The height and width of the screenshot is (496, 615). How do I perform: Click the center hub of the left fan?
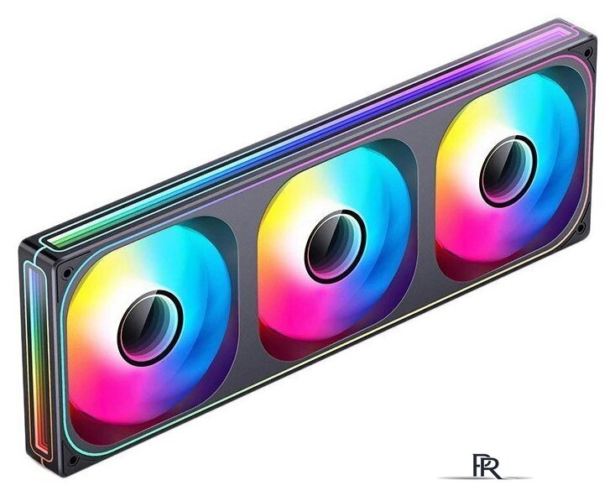pos(150,328)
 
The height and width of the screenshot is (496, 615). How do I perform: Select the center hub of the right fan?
pos(508,171)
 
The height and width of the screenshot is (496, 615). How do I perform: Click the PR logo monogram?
pos(487,466)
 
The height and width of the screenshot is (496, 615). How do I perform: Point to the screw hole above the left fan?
pos(67,272)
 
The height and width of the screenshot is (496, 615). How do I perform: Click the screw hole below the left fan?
pos(72,460)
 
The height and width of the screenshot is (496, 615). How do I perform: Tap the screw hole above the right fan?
pos(587,53)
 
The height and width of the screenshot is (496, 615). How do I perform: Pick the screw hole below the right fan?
pos(582,226)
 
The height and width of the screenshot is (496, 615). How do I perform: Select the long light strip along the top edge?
pos(310,133)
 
